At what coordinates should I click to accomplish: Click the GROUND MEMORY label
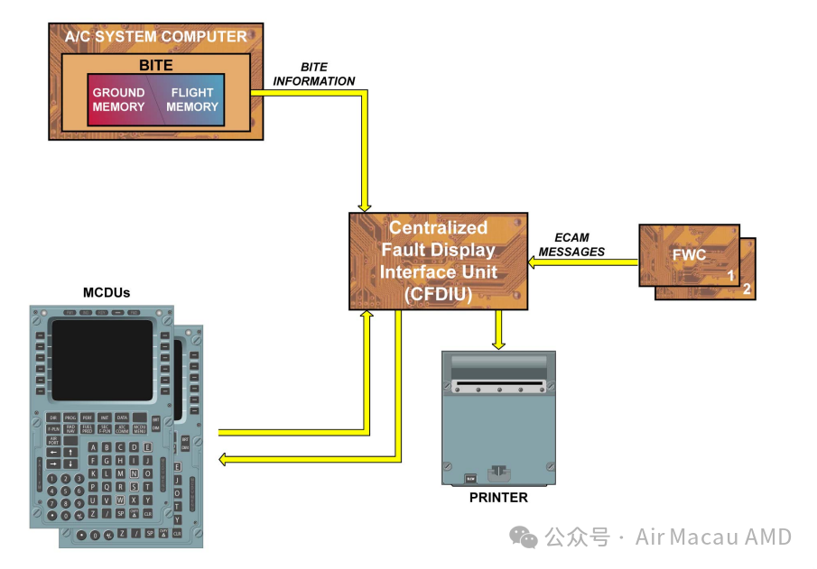[118, 99]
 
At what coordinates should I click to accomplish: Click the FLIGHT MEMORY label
[192, 99]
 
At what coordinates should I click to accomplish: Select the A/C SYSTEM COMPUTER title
[155, 37]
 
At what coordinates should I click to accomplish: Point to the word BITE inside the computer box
[155, 66]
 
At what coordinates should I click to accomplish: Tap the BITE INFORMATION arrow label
[314, 75]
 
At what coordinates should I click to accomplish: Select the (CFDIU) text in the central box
[439, 293]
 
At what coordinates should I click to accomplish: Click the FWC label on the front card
[689, 254]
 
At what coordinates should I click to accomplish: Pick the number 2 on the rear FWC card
[746, 289]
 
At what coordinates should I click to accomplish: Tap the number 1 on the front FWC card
[730, 276]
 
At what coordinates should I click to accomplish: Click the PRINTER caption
[498, 497]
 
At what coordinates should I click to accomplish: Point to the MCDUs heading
[107, 292]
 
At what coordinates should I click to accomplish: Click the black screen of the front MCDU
[102, 360]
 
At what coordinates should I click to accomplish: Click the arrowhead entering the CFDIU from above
[365, 204]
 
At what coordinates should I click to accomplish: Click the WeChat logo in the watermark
[524, 537]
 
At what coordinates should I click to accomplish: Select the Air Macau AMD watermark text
[713, 537]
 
